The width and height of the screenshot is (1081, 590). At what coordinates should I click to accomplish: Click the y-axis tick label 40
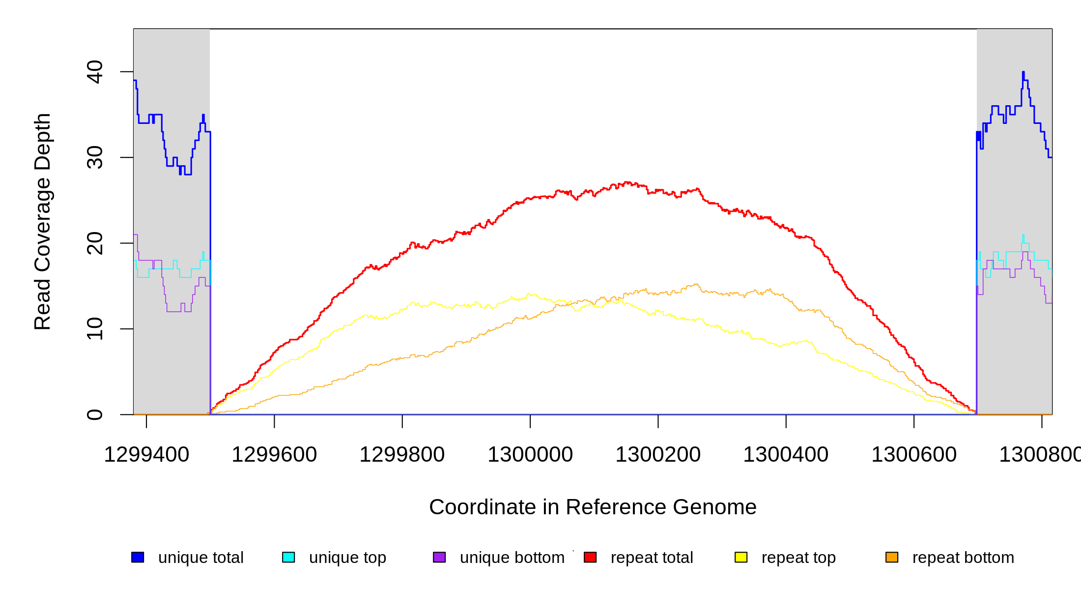94,72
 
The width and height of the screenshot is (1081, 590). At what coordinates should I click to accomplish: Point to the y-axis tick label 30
94,157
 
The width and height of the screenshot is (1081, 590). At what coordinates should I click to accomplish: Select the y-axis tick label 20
94,243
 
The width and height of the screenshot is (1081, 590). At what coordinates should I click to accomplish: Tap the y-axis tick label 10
94,329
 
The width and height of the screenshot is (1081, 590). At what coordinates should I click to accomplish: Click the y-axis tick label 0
94,414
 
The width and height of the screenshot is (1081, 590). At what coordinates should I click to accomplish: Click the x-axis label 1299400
146,455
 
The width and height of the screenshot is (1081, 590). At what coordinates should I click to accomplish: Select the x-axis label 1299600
274,455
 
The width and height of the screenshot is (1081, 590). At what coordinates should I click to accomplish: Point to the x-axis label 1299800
402,455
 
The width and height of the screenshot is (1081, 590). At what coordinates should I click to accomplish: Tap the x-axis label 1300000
530,455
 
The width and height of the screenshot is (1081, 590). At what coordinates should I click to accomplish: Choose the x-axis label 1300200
658,455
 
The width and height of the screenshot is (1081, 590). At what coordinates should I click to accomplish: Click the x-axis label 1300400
786,455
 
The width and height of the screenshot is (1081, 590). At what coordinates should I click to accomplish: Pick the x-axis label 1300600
914,455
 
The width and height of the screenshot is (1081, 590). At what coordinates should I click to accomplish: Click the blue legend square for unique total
138,557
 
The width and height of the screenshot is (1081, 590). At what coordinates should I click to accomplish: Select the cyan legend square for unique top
288,557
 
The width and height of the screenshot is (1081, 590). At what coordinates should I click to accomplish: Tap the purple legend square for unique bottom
439,557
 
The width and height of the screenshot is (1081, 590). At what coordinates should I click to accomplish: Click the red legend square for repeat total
590,557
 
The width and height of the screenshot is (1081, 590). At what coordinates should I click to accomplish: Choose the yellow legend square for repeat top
741,557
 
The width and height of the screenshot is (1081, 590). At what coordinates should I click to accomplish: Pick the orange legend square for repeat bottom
892,557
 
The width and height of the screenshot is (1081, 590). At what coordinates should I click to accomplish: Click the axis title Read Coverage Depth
43,221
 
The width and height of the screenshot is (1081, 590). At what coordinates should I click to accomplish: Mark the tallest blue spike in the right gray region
1023,73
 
